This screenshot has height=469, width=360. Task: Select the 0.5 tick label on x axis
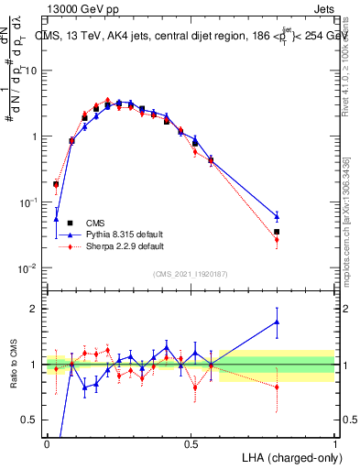tap(191, 443)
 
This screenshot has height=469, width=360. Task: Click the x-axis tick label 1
tap(334, 443)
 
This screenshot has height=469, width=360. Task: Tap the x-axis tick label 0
tap(47, 443)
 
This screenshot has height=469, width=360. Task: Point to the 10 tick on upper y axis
tap(32, 71)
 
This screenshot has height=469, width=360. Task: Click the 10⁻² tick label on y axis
tap(29, 268)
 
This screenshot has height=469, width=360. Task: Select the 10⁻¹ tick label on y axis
tap(29, 202)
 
